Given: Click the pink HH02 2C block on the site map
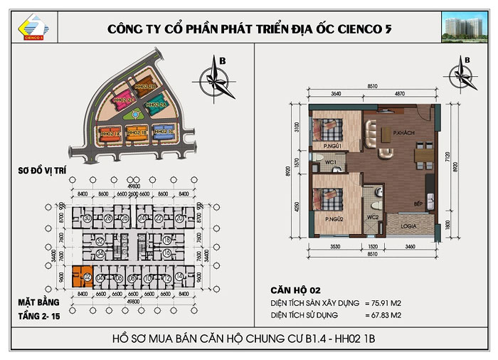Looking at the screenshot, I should coord(126,101).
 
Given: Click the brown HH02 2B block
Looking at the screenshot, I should coord(147,86).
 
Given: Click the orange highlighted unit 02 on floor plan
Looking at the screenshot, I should coord(82,275).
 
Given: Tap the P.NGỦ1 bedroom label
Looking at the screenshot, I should coord(333,146).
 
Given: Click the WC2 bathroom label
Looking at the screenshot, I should coord(371,216).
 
